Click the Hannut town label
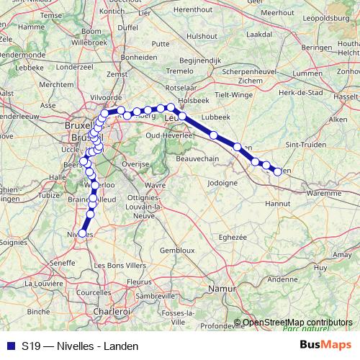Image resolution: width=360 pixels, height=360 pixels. [276, 204]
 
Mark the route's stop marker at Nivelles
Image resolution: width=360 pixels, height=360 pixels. [83, 233]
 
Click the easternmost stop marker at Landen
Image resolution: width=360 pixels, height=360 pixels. [278, 171]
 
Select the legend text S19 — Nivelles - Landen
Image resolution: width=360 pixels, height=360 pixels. [80, 346]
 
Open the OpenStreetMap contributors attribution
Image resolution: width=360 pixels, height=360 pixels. [297, 322]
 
